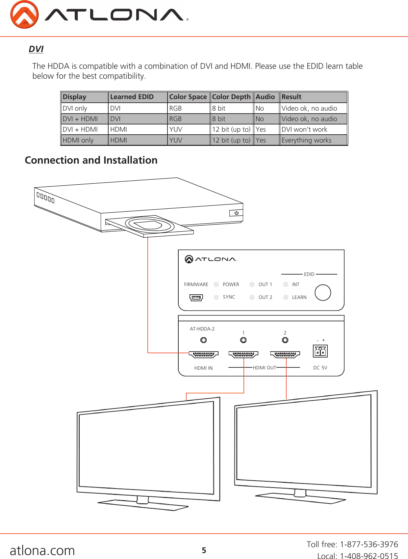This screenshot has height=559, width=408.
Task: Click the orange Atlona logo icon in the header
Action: point(24,15)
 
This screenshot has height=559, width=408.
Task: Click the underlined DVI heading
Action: point(36,49)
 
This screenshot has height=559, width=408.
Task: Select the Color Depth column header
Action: point(231,97)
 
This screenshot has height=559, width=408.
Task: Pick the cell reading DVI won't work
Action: point(304,129)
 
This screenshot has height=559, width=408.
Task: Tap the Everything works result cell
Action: point(306,140)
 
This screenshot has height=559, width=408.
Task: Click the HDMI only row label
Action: point(78,140)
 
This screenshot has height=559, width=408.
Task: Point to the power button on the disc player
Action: point(236,213)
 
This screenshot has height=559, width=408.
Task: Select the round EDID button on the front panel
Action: point(322,292)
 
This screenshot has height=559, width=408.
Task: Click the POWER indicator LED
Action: point(217,284)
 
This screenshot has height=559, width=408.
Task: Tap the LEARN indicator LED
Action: point(286,297)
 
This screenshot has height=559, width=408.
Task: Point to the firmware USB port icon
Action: point(196,298)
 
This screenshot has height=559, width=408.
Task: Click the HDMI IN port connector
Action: point(204,355)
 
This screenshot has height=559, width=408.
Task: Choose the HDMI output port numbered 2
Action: point(285,355)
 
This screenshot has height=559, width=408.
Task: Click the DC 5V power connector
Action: point(320,351)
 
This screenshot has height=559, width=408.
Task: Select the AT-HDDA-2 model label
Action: point(202,329)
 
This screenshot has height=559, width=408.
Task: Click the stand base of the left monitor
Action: point(143,505)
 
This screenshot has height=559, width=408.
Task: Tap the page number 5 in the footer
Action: point(204,550)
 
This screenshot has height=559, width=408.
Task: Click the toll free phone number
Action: point(369,544)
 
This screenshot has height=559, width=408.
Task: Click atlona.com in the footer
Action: point(42,550)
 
